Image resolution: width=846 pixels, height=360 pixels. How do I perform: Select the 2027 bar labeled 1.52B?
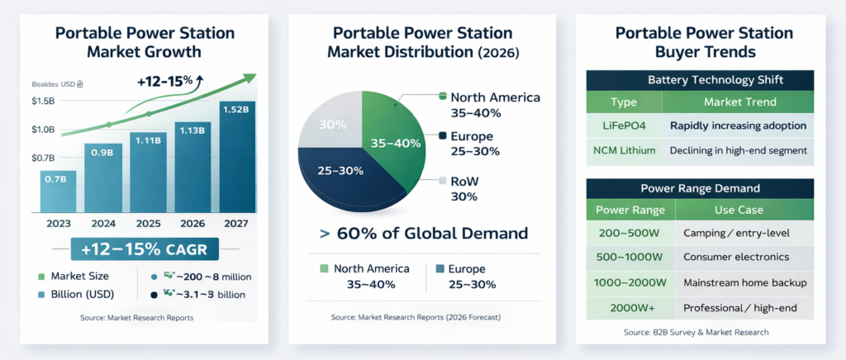click(237, 157)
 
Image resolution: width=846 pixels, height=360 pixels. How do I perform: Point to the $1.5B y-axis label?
click(43, 101)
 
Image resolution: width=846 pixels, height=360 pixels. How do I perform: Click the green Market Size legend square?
click(40, 276)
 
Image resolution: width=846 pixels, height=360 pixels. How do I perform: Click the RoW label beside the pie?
click(465, 182)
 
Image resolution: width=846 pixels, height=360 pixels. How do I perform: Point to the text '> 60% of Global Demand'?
click(423, 233)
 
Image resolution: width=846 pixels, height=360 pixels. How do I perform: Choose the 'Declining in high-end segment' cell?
click(739, 150)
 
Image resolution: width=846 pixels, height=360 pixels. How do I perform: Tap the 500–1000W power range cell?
click(630, 257)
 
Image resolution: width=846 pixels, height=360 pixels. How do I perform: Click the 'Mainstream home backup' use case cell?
click(744, 282)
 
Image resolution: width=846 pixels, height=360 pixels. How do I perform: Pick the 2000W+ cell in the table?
click(630, 307)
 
